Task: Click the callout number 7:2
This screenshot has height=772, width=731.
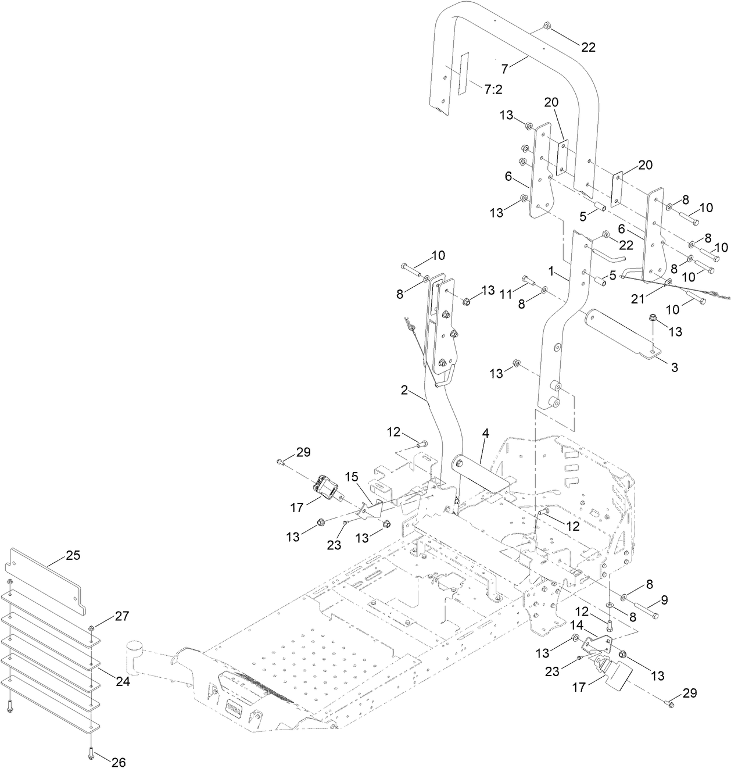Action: click(493, 88)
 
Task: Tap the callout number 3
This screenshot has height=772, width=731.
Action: click(674, 367)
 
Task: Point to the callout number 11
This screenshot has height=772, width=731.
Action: click(507, 295)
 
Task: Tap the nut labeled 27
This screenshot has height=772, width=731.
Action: click(92, 628)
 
